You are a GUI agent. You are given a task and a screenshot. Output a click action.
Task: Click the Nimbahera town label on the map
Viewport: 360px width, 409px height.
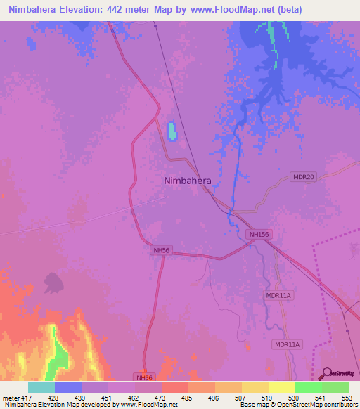[187, 181]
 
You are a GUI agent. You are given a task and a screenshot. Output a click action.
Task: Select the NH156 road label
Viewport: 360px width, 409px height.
[259, 234]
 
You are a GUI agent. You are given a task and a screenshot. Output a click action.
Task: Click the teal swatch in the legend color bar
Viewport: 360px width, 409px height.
[41, 387]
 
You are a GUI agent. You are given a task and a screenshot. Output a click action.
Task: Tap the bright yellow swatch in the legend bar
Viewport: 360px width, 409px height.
[281, 387]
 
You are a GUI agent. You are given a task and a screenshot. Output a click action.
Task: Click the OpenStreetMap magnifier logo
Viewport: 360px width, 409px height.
[326, 372]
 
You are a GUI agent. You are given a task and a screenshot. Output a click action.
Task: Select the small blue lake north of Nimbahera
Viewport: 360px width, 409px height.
[172, 131]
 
